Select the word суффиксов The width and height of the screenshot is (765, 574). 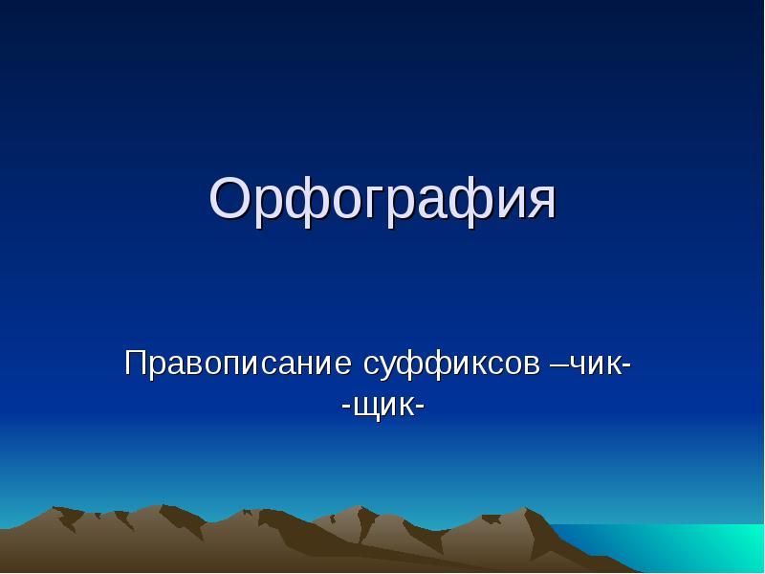point(451,365)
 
